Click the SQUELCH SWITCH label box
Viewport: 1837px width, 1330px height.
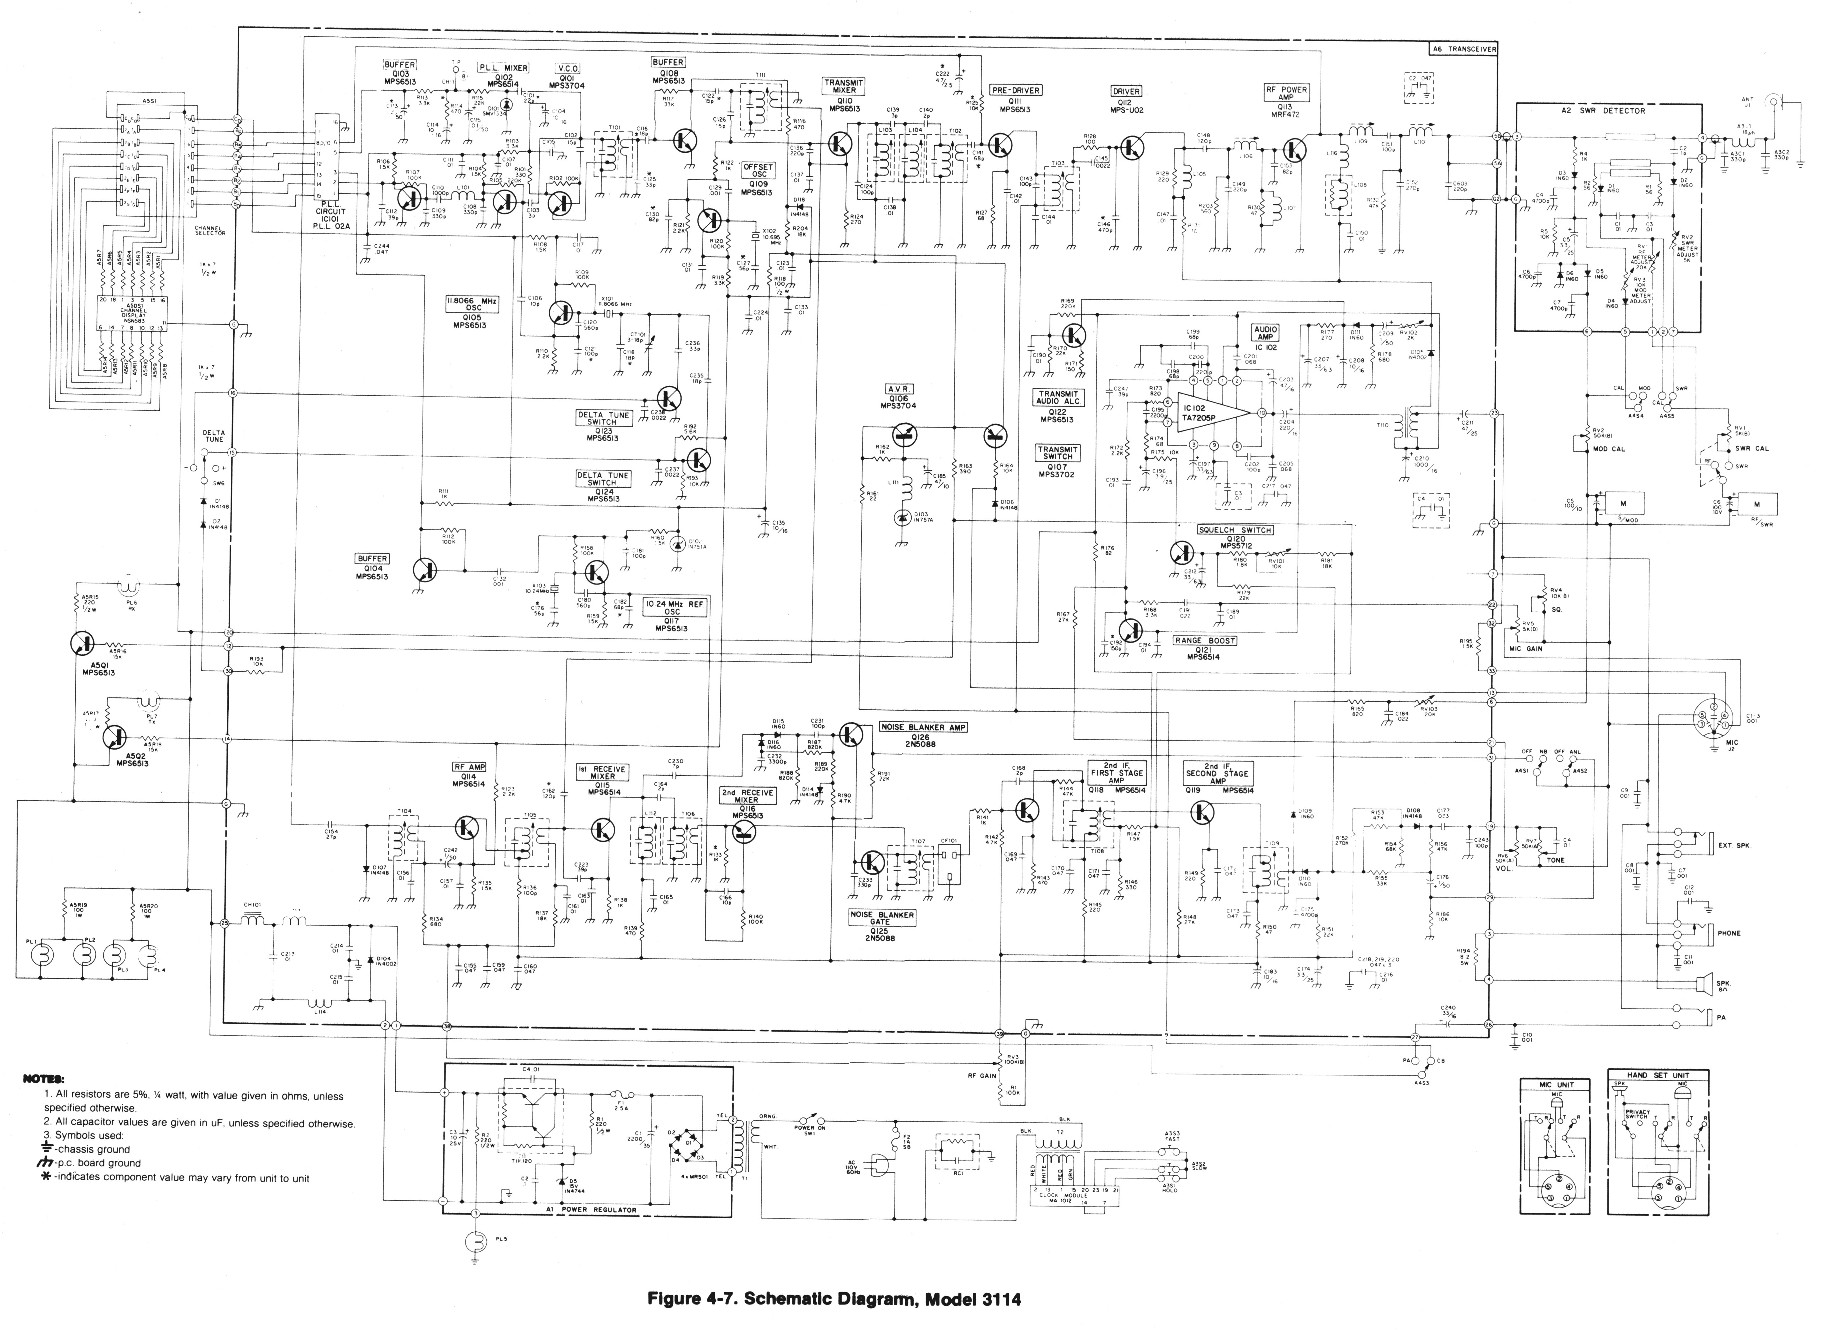pos(1234,530)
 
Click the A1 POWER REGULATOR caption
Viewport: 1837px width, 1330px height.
pos(591,1209)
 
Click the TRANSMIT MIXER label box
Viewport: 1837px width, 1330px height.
pos(843,86)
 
